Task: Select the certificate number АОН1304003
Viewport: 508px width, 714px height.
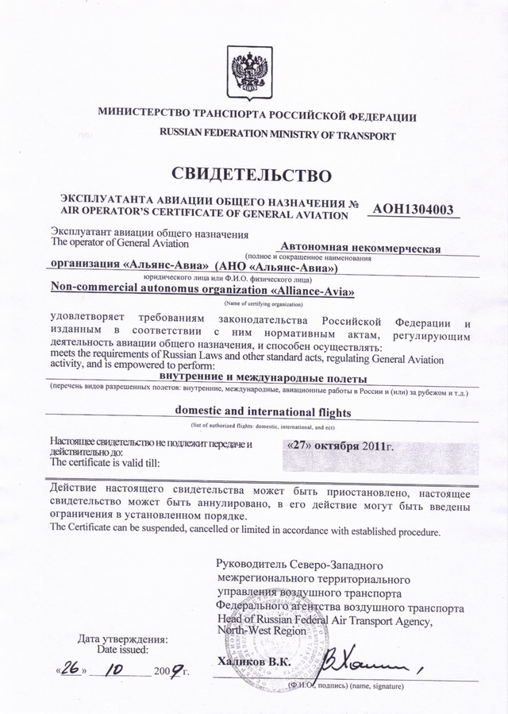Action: tap(413, 210)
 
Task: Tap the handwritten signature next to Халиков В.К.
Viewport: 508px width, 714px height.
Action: tap(365, 658)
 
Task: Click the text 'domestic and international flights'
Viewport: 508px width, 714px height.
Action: tap(262, 412)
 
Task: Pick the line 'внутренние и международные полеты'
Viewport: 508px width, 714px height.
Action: tap(263, 376)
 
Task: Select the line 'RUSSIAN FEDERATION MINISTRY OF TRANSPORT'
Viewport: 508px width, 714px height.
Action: tap(277, 136)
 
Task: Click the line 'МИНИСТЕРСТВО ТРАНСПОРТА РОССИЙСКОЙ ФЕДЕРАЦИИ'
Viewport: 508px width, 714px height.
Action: tap(257, 116)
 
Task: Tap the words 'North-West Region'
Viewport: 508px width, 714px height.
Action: tap(261, 630)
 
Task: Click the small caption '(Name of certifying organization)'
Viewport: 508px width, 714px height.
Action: tap(262, 304)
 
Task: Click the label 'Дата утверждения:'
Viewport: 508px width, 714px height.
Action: tap(122, 639)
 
